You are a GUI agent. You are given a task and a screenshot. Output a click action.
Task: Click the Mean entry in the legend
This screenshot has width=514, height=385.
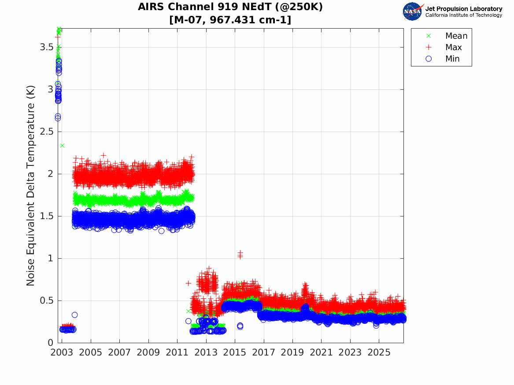[x=448, y=36]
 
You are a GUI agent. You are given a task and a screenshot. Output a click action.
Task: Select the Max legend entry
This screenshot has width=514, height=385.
[x=444, y=47]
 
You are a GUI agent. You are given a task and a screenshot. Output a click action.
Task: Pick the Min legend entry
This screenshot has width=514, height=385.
[x=443, y=59]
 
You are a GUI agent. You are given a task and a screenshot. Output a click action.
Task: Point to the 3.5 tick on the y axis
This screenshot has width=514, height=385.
[x=47, y=47]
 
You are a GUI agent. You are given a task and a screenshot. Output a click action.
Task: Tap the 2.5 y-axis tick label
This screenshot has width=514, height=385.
[x=47, y=132]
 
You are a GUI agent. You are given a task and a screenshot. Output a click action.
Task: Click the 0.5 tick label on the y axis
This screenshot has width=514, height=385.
[x=47, y=301]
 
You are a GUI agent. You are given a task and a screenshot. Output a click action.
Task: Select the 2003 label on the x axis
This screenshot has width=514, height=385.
[x=62, y=352]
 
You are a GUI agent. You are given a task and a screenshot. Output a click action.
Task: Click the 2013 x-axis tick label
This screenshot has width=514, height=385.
[x=206, y=352]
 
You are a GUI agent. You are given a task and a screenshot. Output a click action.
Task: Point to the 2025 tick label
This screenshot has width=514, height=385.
[x=379, y=352]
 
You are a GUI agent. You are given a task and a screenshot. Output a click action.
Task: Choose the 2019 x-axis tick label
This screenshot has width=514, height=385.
[x=292, y=352]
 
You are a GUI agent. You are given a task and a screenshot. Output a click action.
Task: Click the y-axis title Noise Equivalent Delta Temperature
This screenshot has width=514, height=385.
[x=30, y=186]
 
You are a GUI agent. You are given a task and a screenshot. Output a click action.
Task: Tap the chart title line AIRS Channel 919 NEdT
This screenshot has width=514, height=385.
[x=230, y=7]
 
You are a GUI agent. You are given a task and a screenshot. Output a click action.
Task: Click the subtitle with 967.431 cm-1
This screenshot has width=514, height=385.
[x=230, y=20]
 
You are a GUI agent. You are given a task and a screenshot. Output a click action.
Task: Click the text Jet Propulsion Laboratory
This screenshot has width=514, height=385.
[x=464, y=9]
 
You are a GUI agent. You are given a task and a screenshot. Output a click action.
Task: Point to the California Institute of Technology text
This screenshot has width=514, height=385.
[x=464, y=15]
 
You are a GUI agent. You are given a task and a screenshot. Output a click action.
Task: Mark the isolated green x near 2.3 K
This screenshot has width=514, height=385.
[x=62, y=145]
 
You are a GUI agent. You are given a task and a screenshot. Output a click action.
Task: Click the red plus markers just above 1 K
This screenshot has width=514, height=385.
[x=240, y=254]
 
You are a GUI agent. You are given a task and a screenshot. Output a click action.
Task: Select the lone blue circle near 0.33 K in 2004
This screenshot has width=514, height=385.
[x=75, y=315]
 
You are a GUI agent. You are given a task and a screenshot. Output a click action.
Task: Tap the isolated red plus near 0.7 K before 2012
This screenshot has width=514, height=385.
[x=188, y=283]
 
